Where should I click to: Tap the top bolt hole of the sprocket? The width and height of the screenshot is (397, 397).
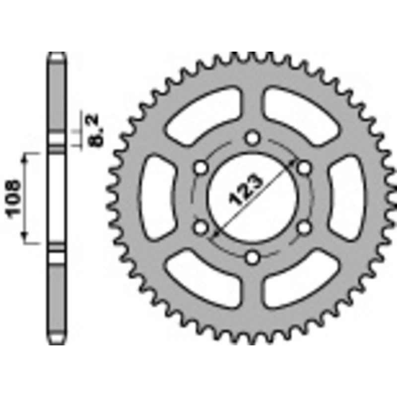pos(253,136)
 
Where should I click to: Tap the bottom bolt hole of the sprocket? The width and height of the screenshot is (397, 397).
pos(253,257)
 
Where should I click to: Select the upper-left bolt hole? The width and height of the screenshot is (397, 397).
pos(200,168)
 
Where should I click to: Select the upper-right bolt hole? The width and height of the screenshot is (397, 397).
pos(305,168)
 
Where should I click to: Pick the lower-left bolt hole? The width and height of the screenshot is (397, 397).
pos(200,227)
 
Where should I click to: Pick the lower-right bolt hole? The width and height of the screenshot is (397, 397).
pos(305,227)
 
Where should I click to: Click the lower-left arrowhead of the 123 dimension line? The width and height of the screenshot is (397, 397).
pos(215,232)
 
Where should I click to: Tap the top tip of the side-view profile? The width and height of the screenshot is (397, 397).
pos(57,54)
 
